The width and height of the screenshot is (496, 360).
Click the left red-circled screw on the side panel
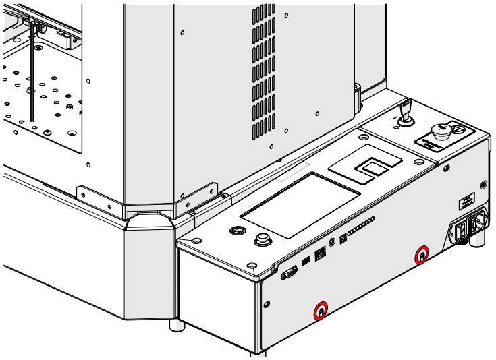point(320,311)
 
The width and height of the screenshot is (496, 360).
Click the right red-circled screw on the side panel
point(422,256)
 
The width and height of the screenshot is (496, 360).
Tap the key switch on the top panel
point(406,115)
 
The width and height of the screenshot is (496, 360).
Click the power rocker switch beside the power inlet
point(462,231)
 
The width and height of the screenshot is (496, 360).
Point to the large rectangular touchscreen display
point(300,204)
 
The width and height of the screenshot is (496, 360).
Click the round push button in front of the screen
point(262,240)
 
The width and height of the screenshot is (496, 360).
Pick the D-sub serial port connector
point(289,272)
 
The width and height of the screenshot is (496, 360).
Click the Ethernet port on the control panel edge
point(321,254)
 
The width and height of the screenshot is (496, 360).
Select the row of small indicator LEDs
point(360,225)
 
